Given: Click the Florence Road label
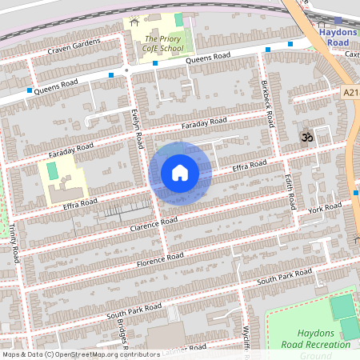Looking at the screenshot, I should [x=160, y=260].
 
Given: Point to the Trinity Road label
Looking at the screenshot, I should [x=14, y=243].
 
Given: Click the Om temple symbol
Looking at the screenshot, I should [x=305, y=138].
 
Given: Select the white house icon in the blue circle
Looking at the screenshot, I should [x=180, y=172].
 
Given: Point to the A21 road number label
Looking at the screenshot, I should [x=350, y=93].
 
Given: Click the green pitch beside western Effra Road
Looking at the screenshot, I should [x=53, y=170].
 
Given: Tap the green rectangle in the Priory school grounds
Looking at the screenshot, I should [x=178, y=19].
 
